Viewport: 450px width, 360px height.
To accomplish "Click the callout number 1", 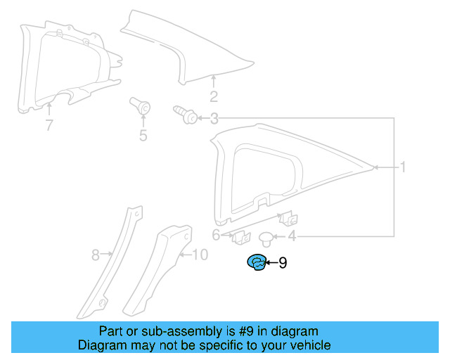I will [404, 167].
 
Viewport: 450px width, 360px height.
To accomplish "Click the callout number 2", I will [214, 97].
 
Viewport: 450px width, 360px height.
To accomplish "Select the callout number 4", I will [291, 238].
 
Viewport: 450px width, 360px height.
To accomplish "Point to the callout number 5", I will [143, 136].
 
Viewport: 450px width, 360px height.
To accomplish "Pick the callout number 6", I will [217, 235].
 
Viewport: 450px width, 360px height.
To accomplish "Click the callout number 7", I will [49, 126].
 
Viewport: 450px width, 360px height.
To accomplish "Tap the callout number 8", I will [96, 255].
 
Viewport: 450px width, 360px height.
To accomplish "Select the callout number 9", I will [283, 263].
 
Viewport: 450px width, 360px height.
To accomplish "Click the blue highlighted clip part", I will [256, 263].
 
